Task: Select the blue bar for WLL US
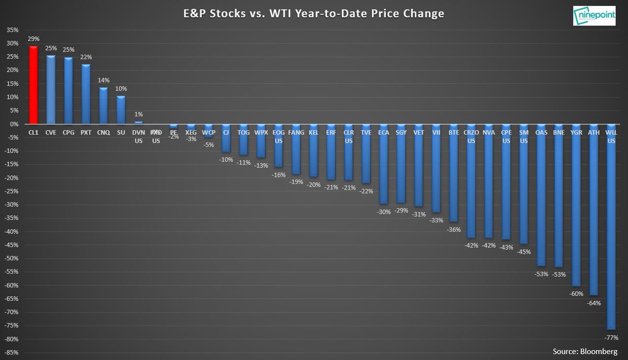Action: tap(611, 235)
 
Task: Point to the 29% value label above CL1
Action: tap(33, 39)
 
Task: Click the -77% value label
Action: tap(611, 337)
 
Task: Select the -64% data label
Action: tap(593, 303)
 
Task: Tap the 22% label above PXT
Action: tap(86, 58)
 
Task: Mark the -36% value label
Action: tap(453, 229)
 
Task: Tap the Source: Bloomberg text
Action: tap(585, 350)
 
